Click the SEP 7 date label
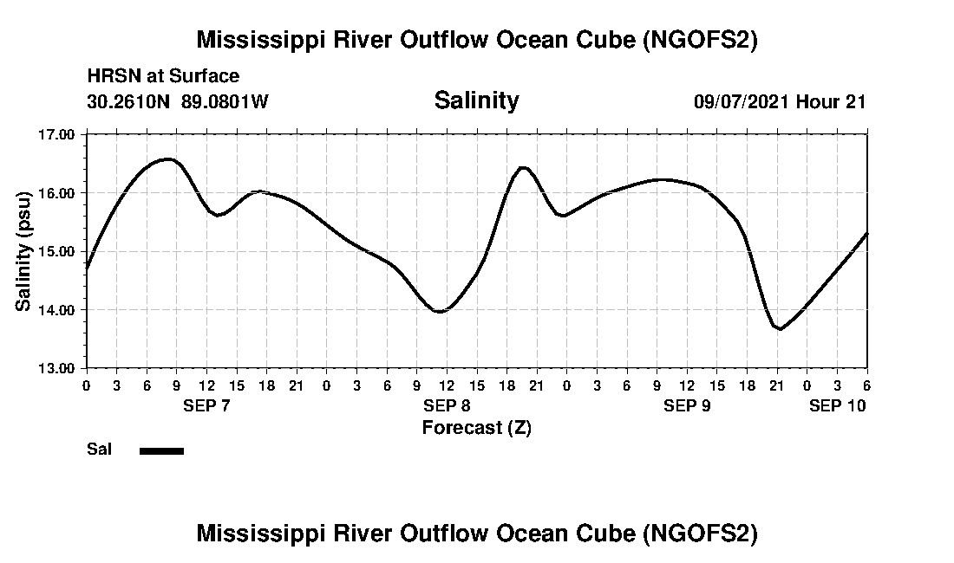coord(206,405)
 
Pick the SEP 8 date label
coord(447,405)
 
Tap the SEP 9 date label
coord(687,405)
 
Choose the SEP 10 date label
coord(838,405)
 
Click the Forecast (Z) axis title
coord(476,428)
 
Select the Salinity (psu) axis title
coord(24,251)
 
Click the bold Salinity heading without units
coord(476,100)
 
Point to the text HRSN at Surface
coord(163,76)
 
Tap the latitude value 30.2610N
coord(130,101)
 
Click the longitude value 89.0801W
coord(225,101)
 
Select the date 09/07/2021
coord(742,101)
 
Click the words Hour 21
coord(831,101)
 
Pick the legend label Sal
coord(99,450)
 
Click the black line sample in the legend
coord(161,450)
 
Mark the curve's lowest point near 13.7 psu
coord(781,329)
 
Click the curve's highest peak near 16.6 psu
coord(168,159)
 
